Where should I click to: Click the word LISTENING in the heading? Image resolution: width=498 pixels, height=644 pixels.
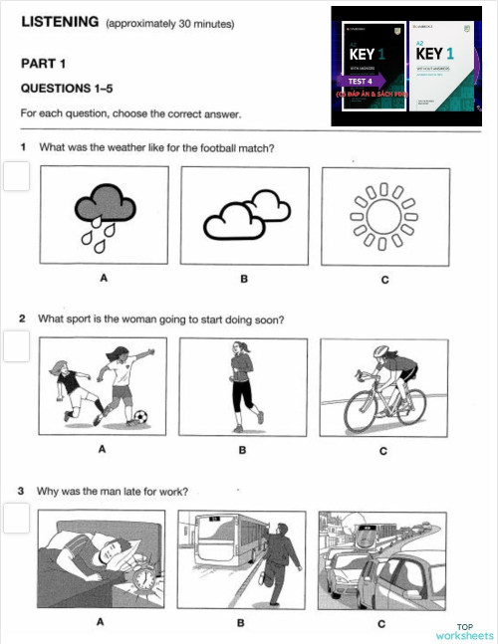[x=60, y=21]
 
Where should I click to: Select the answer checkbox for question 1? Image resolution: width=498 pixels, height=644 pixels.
[x=15, y=177]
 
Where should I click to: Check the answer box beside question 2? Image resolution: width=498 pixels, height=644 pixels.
[x=15, y=346]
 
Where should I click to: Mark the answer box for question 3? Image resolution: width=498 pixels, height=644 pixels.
[x=15, y=518]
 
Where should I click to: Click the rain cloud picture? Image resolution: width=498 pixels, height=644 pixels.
[x=103, y=215]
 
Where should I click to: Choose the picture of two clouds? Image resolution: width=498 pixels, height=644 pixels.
[x=244, y=215]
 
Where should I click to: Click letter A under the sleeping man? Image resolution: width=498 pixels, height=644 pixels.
[x=100, y=623]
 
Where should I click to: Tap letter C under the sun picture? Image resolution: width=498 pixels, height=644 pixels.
[x=384, y=280]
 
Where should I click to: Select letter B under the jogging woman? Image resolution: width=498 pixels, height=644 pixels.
[x=242, y=450]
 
